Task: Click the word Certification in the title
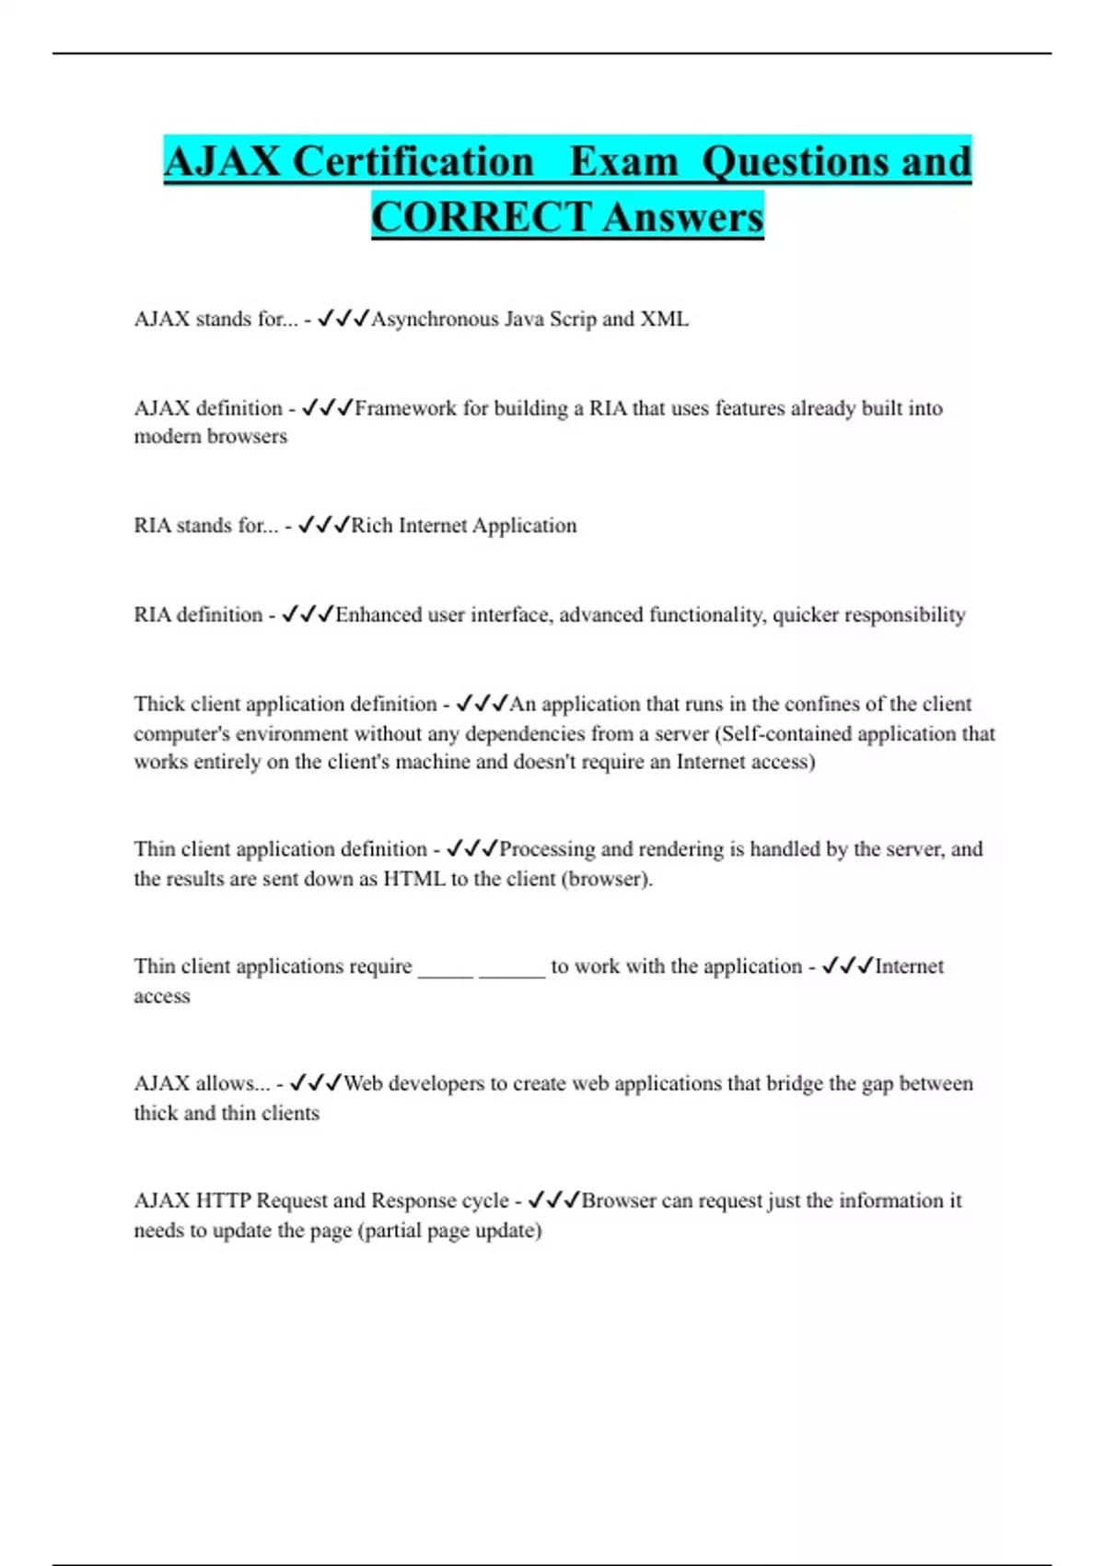[x=413, y=162]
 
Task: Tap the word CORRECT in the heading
[x=481, y=217]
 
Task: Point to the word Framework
[x=405, y=408]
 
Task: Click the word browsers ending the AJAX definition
[x=250, y=437]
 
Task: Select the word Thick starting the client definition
[x=159, y=704]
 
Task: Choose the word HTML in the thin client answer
[x=413, y=879]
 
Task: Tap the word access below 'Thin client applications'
[x=162, y=996]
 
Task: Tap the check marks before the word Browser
[x=554, y=1200]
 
